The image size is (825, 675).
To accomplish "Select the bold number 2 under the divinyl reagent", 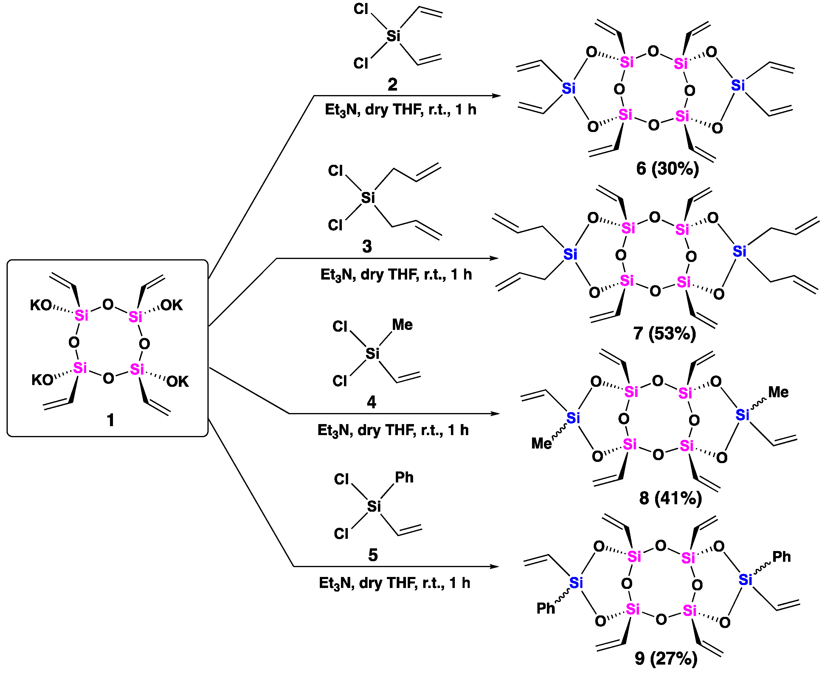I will (x=392, y=84).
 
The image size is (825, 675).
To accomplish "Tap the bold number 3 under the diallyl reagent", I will (x=367, y=246).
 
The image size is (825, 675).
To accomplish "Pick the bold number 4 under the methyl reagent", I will (x=371, y=402).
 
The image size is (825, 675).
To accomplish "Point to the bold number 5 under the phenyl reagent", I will (x=373, y=555).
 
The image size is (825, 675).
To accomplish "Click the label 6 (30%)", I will (x=667, y=169).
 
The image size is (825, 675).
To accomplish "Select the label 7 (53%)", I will (x=664, y=333).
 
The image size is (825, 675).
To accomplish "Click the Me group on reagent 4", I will (x=402, y=325).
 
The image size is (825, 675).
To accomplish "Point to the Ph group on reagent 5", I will (x=404, y=477).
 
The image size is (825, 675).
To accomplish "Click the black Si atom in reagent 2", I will (x=393, y=36).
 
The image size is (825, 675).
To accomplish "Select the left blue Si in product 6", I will (x=568, y=89).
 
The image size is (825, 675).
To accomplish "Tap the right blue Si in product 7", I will (x=739, y=252).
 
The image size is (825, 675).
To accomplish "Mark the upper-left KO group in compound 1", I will (x=41, y=305).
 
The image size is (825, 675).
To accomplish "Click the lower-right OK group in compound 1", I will (x=178, y=382).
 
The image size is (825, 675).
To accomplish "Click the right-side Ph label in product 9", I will (x=781, y=557).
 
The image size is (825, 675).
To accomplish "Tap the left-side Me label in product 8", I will (x=541, y=443).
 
